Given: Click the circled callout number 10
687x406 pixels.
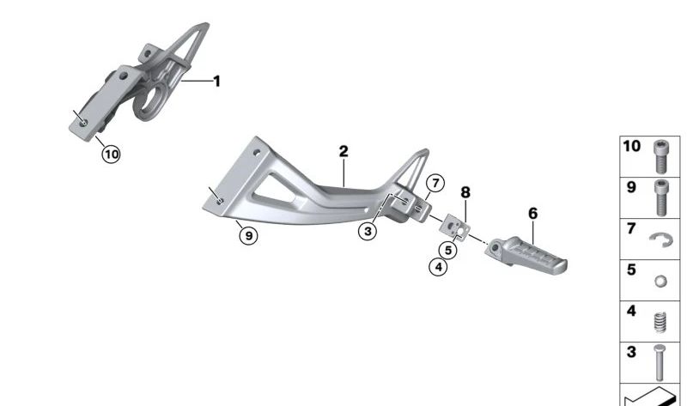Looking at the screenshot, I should click(x=111, y=155).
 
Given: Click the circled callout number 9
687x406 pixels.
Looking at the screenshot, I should click(x=247, y=235).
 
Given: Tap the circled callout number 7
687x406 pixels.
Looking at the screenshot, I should click(x=435, y=183).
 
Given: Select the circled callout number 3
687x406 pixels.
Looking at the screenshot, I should click(x=368, y=232).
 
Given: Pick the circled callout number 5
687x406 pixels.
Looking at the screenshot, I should click(x=447, y=250).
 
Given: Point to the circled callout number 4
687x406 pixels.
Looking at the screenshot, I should click(x=439, y=267).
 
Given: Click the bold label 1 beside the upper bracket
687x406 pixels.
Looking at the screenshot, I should click(x=216, y=82).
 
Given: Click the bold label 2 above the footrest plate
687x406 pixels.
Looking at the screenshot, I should click(x=343, y=151).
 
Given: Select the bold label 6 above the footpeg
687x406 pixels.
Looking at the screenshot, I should click(x=532, y=211).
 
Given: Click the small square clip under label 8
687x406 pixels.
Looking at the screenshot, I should click(x=457, y=227).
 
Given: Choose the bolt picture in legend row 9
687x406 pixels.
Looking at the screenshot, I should click(x=660, y=197).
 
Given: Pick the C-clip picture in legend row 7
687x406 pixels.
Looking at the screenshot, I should click(x=660, y=239).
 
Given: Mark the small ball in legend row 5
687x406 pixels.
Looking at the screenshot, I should click(x=660, y=282).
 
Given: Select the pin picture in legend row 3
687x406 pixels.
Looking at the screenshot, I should click(x=660, y=362).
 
